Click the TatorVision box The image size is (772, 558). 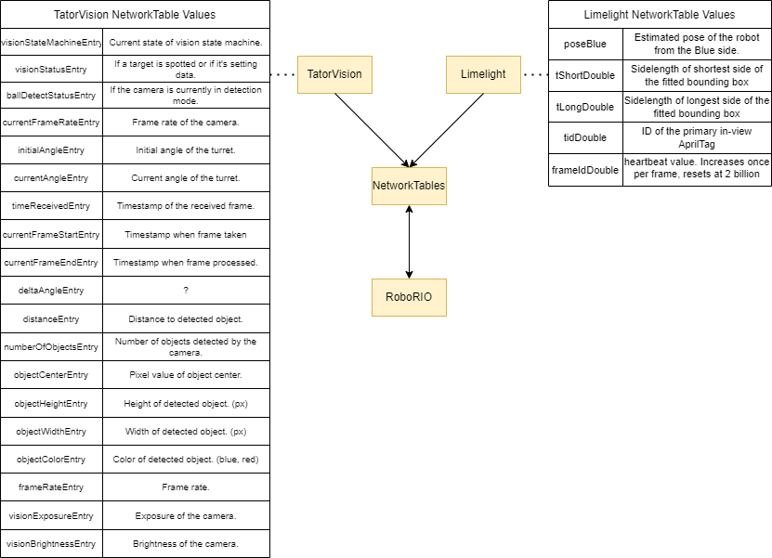point(334,74)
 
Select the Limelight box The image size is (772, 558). point(483,74)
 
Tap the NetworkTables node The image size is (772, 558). point(409,186)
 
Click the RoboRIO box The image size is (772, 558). point(409,297)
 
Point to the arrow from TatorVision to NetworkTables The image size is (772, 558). point(370,129)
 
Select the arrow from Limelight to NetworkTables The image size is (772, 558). point(448,129)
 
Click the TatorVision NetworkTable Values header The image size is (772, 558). point(135,14)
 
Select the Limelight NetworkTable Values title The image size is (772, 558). point(660,14)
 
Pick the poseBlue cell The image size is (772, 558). point(584,44)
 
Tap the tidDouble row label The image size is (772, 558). point(584,137)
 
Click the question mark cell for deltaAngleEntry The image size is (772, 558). point(186,291)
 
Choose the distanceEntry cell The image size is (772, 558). point(51,318)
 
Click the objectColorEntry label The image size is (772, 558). point(51,459)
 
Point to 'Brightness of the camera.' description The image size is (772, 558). point(186,543)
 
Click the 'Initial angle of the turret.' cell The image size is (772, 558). point(186,150)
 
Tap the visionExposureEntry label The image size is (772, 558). point(51,515)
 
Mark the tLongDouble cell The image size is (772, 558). point(584,107)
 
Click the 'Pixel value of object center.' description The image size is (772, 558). point(186,375)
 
